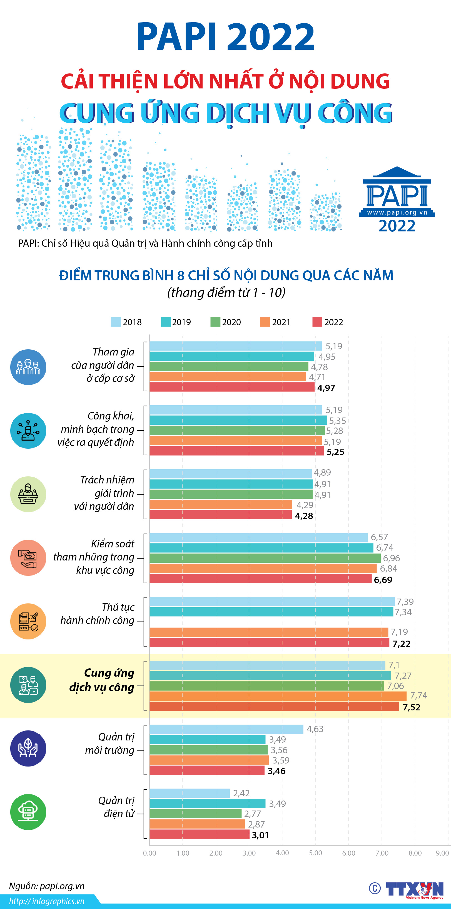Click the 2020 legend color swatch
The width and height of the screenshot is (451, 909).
[x=215, y=322]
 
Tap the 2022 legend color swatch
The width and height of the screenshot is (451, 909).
[x=317, y=322]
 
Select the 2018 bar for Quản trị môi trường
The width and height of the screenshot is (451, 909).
[x=226, y=729]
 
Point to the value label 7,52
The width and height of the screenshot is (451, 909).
[x=411, y=707]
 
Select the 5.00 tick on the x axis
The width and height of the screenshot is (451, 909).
[x=315, y=853]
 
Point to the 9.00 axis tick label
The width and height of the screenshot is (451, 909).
[x=442, y=853]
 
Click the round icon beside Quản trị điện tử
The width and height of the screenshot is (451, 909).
[x=28, y=812]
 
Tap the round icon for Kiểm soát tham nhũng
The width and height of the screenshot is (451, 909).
[x=28, y=557]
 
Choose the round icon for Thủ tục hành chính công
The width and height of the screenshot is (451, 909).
[x=28, y=621]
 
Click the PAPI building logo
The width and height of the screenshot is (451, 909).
[x=397, y=192]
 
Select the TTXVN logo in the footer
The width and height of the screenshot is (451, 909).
[x=414, y=888]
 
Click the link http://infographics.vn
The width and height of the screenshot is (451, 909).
[x=47, y=901]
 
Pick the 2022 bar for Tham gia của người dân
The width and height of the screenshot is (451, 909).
[x=232, y=387]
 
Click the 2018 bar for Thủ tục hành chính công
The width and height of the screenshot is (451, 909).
[x=272, y=601]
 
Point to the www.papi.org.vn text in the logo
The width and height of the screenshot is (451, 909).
[x=397, y=213]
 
